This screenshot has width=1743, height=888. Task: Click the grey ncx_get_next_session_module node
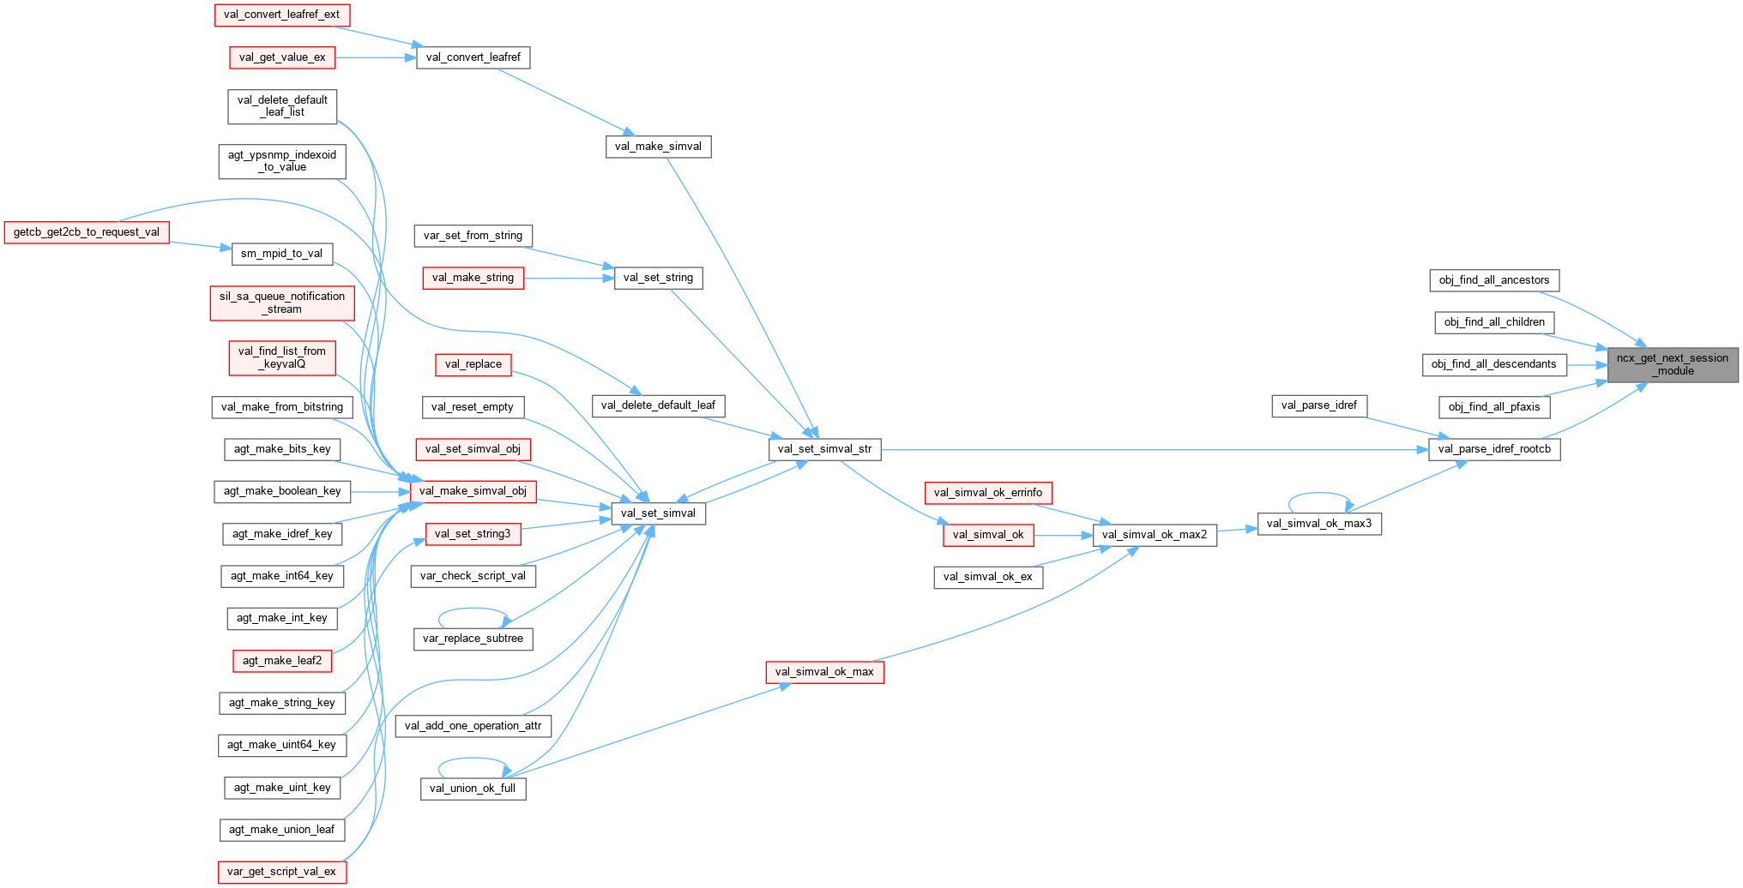pos(1672,364)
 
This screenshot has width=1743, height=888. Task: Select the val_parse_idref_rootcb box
pos(1493,449)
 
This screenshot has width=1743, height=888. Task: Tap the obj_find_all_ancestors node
pos(1493,280)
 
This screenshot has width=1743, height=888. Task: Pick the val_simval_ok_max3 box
pos(1318,524)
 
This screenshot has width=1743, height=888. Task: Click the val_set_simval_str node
pos(823,449)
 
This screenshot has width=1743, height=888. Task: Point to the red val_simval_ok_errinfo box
pos(987,493)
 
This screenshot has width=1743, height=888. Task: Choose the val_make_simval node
pos(658,147)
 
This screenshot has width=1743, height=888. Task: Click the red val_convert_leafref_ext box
pos(281,15)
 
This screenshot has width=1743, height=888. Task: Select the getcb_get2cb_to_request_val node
pos(86,232)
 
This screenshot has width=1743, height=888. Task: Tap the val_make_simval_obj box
pos(473,491)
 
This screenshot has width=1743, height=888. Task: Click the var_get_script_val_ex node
pos(281,872)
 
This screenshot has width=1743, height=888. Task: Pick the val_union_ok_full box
pos(472,789)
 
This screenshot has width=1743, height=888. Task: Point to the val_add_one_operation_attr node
pos(473,726)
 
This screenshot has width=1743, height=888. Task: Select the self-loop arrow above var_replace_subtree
pos(473,609)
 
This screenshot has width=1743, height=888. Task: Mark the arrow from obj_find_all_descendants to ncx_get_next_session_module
pos(1587,364)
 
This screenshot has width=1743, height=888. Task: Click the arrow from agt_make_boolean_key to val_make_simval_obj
pos(379,491)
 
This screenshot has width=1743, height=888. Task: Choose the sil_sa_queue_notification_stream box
pos(281,303)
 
